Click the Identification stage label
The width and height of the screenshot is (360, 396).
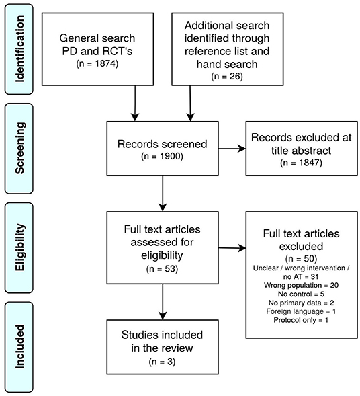coord(19,49)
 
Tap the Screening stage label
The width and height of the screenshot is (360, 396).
coord(19,148)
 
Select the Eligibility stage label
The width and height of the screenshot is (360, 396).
coord(19,247)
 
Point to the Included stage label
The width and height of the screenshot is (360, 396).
coord(19,346)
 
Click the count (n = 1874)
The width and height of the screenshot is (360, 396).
coord(97,63)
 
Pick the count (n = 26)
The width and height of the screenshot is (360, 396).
coord(227,77)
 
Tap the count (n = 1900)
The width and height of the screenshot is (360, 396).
coord(163,157)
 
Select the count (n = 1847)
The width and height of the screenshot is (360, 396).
coord(301,163)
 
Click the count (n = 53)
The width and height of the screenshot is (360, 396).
coord(163,269)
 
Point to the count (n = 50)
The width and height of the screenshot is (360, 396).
coord(301,259)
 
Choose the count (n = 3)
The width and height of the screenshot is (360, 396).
coord(163,362)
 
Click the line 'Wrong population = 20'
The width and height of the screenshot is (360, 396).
coord(301,285)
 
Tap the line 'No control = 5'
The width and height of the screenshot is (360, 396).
coord(301,294)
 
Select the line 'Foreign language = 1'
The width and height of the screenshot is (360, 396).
coord(301,311)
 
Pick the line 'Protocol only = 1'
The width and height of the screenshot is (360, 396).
coord(301,320)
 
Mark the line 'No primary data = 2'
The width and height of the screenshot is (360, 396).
coord(301,303)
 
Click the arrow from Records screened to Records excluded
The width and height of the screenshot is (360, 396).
coord(232,149)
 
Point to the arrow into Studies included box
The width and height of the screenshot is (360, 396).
coord(163,302)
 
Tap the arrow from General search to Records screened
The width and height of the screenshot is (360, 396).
coord(135,104)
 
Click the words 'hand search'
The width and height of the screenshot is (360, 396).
coord(227,64)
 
